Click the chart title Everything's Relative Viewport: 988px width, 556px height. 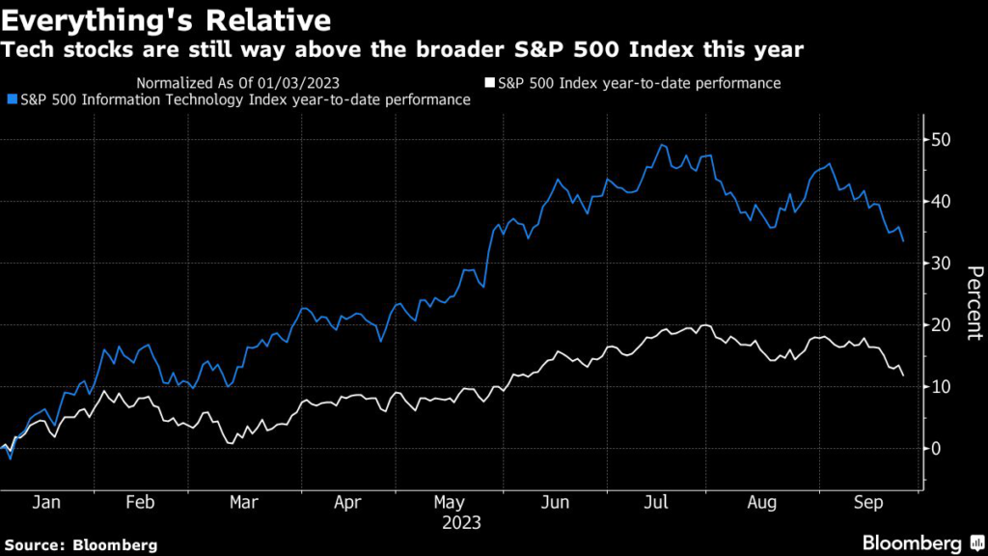click(x=167, y=20)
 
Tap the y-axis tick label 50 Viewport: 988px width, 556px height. click(x=941, y=140)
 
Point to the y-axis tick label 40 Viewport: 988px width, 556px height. click(x=941, y=202)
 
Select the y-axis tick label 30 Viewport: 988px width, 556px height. click(x=941, y=264)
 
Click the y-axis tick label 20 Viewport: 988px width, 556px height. click(x=941, y=325)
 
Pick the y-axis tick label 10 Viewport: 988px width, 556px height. click(x=941, y=387)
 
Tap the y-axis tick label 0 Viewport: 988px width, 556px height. click(x=935, y=449)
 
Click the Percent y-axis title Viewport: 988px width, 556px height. click(x=973, y=302)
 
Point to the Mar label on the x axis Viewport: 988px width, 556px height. click(x=243, y=503)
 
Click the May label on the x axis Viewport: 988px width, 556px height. click(x=449, y=503)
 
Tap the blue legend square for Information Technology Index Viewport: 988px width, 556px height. click(x=11, y=99)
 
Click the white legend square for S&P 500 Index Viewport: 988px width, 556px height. click(x=490, y=83)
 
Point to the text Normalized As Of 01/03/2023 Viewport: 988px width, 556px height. click(x=236, y=83)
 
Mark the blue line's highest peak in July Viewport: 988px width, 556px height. click(x=662, y=145)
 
